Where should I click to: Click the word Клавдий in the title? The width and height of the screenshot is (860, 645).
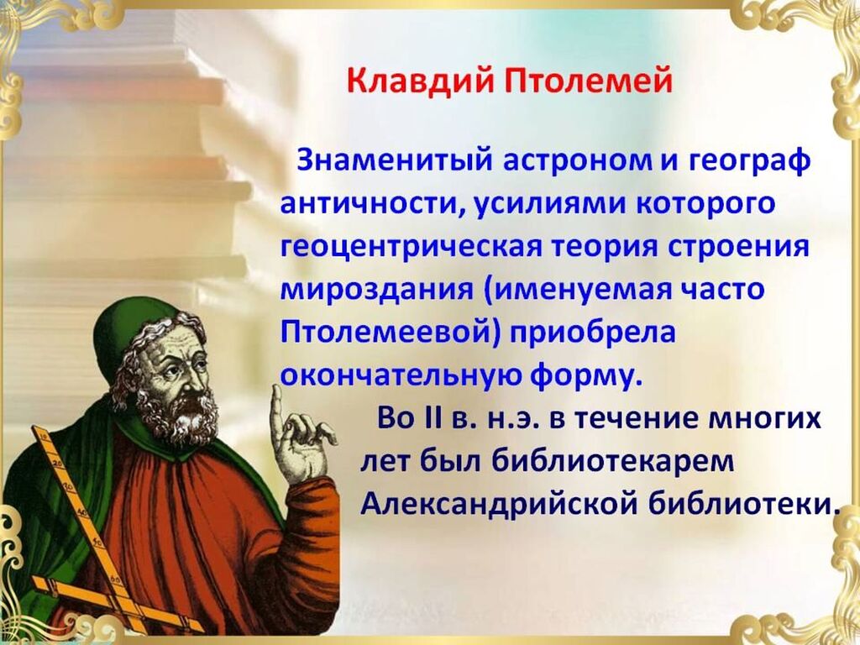pos(418,81)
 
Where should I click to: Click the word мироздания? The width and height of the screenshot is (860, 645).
pos(376,290)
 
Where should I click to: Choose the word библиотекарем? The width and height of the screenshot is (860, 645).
pos(612,463)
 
